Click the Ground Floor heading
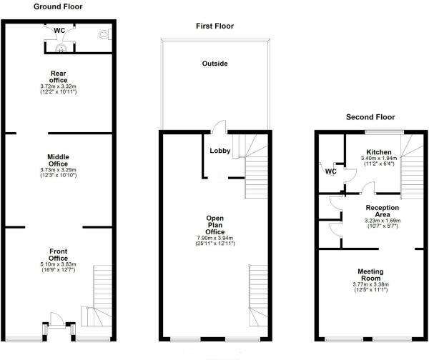pyautogui.click(x=58, y=6)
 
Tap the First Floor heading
pyautogui.click(x=214, y=26)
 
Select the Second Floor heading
pyautogui.click(x=370, y=117)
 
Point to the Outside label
pyautogui.click(x=214, y=64)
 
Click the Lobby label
pyautogui.click(x=220, y=151)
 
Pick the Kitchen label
pyautogui.click(x=378, y=152)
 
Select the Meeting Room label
pyautogui.click(x=371, y=276)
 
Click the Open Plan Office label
pyautogui.click(x=214, y=224)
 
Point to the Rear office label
pyautogui.click(x=58, y=76)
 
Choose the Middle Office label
pyautogui.click(x=58, y=160)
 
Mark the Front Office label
pyautogui.click(x=58, y=254)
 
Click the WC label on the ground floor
pyautogui.click(x=59, y=30)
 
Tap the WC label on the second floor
pyautogui.click(x=330, y=171)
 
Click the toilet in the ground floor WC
pyautogui.click(x=107, y=34)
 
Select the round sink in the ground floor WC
pyautogui.click(x=61, y=49)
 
